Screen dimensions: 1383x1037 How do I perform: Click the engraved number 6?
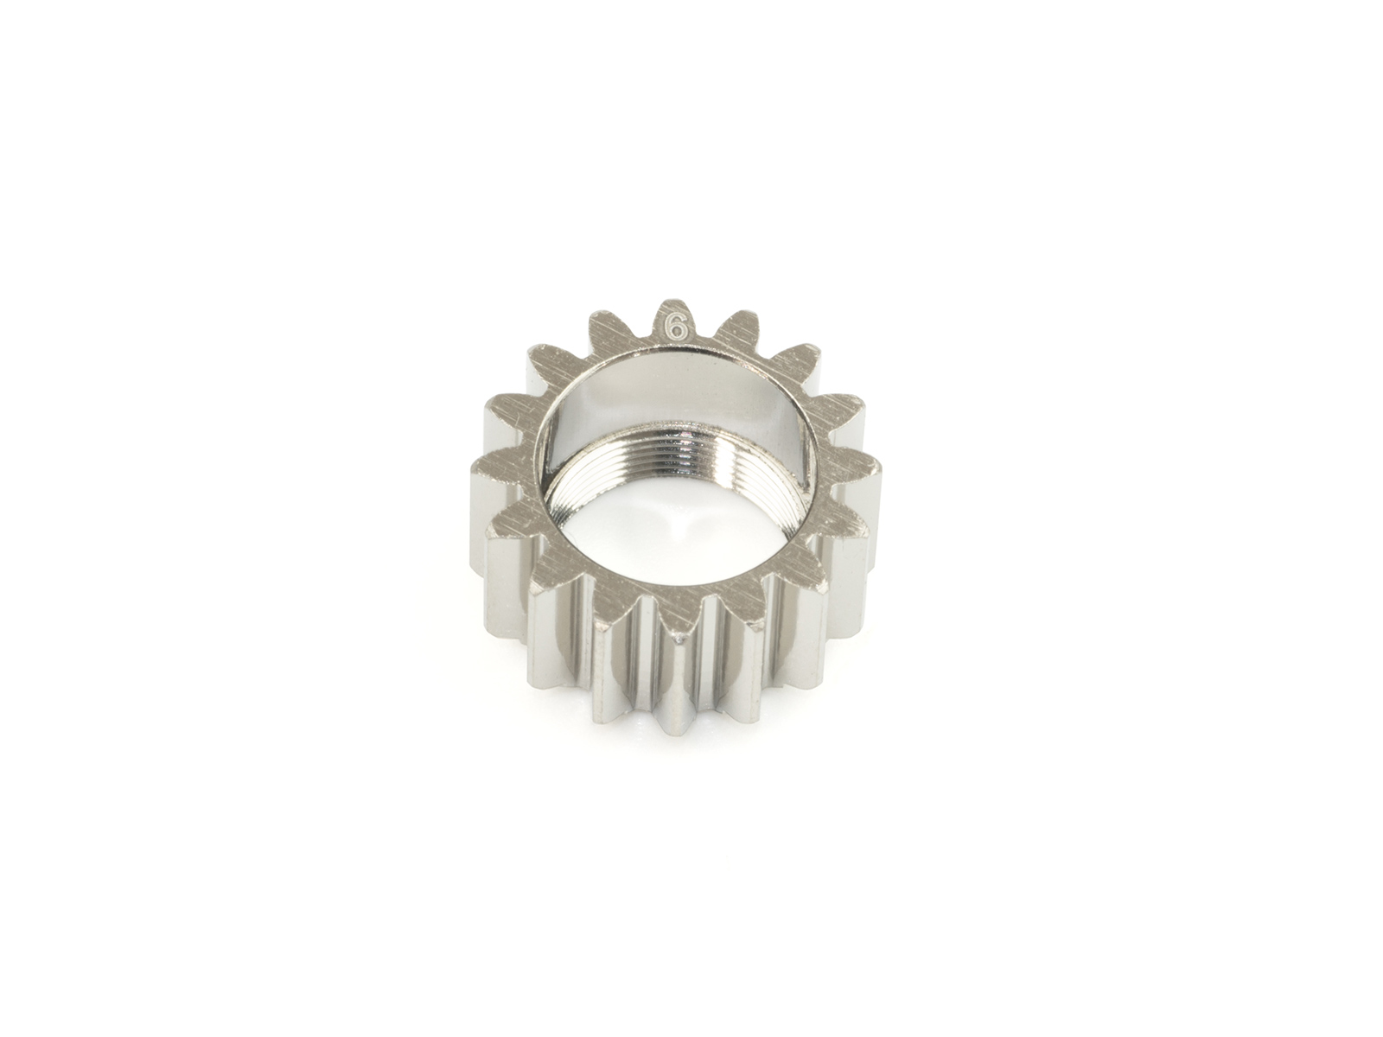(678, 327)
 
